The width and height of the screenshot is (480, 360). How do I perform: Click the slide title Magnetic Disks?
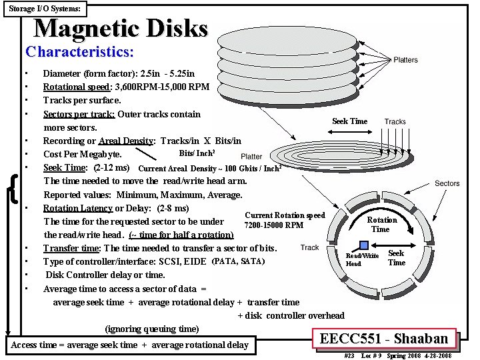click(121, 29)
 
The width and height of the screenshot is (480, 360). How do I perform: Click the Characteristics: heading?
click(79, 51)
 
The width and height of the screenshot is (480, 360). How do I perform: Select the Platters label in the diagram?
click(405, 60)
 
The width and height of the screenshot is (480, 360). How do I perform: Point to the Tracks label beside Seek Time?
click(395, 121)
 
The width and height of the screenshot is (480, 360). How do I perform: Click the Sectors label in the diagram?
click(447, 183)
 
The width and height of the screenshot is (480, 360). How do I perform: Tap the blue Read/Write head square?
click(364, 245)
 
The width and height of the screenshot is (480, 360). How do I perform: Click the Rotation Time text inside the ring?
click(382, 225)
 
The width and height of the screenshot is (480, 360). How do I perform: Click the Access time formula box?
click(129, 345)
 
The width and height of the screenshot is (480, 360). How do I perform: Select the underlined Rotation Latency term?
click(77, 208)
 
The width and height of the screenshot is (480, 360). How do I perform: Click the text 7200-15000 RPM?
click(274, 225)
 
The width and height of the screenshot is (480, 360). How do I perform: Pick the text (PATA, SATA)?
click(238, 261)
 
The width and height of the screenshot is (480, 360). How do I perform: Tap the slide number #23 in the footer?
click(349, 356)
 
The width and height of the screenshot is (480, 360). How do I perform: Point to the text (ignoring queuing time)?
click(152, 329)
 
